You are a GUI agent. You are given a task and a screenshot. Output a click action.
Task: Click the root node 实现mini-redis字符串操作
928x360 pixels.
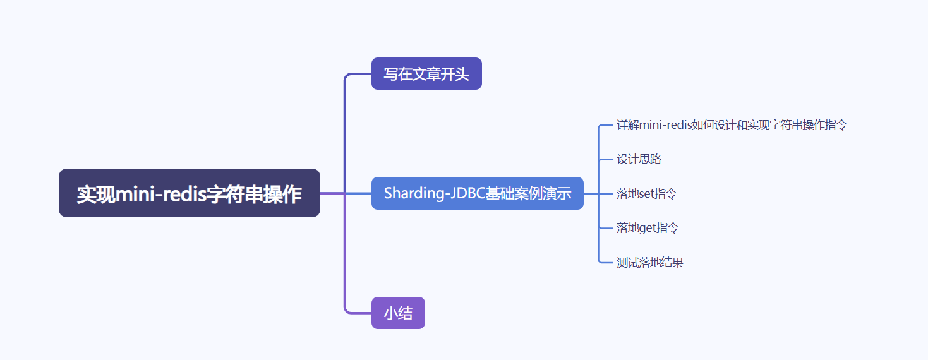pos(189,193)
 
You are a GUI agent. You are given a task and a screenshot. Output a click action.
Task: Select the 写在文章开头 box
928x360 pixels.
pos(426,74)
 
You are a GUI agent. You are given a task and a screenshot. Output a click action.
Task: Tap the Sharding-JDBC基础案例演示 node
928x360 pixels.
pos(477,193)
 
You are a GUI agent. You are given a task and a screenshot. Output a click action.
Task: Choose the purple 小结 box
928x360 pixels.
pos(398,313)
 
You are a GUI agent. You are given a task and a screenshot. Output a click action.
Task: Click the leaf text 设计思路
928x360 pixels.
pos(639,159)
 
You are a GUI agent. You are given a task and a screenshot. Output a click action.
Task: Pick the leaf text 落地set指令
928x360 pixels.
pos(646,194)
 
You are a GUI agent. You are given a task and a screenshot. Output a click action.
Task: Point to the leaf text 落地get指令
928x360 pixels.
pos(647,228)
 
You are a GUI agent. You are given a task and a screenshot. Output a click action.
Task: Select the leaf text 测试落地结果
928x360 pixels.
pos(650,263)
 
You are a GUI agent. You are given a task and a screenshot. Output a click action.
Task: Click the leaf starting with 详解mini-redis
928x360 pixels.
pos(732,125)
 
